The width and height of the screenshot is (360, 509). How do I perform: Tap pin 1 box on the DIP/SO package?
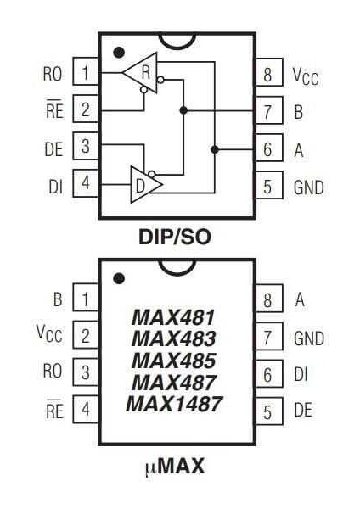click(x=85, y=73)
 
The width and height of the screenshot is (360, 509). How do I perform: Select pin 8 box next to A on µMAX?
click(x=267, y=299)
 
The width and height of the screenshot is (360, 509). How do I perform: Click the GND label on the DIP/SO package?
click(x=308, y=187)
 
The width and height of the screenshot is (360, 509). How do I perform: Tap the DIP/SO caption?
click(x=174, y=238)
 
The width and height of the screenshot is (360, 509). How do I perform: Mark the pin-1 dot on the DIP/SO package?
click(x=120, y=53)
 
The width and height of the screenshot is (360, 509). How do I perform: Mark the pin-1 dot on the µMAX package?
click(x=120, y=277)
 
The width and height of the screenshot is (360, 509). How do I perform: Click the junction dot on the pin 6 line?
click(x=215, y=149)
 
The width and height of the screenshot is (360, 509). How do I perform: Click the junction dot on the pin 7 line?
click(x=183, y=110)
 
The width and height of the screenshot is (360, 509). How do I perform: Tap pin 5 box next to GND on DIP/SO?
click(x=267, y=187)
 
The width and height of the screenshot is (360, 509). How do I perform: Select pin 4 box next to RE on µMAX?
click(x=85, y=411)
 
